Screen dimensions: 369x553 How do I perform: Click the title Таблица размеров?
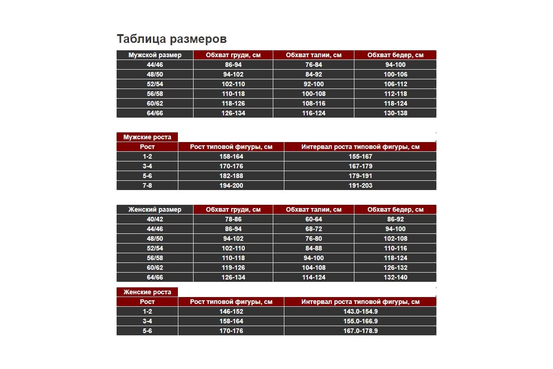click(x=171, y=38)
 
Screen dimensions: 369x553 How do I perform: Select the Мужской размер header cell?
click(x=155, y=55)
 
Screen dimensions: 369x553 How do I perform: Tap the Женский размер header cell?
click(x=155, y=209)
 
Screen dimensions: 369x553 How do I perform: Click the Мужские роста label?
click(x=147, y=137)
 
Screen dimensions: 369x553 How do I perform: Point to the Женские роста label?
click(x=147, y=292)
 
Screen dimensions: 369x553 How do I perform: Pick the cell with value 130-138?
click(x=395, y=113)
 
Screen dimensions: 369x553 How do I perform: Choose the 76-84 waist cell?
click(x=313, y=65)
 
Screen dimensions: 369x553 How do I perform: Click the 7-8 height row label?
click(x=147, y=185)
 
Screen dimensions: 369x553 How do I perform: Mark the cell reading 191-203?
click(x=360, y=185)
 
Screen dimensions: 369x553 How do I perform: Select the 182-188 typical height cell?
click(x=231, y=176)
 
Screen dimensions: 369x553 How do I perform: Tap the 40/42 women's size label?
click(x=155, y=219)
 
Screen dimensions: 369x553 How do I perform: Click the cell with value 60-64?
click(x=313, y=219)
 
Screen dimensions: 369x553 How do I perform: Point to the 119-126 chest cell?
click(x=233, y=268)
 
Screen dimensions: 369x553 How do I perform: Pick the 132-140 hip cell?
click(x=395, y=277)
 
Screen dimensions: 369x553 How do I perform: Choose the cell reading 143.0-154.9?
click(x=360, y=311)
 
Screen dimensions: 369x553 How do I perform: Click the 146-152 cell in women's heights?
click(x=231, y=311)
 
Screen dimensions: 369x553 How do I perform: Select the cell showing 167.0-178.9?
click(x=360, y=331)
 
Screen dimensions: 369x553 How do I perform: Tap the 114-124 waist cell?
click(x=313, y=277)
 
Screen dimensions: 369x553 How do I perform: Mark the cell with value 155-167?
click(x=360, y=156)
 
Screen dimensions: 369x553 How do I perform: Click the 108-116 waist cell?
click(x=313, y=103)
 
